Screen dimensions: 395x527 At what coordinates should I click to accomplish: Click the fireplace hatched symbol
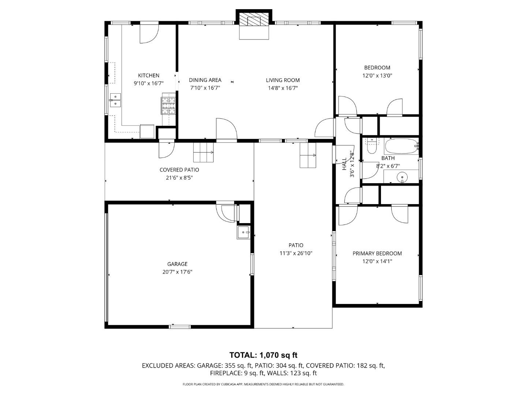(x=254, y=21)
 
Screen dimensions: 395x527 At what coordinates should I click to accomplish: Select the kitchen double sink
(x=115, y=100)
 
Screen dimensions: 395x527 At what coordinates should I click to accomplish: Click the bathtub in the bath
(x=401, y=147)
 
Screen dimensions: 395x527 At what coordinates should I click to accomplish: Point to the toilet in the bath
(x=371, y=147)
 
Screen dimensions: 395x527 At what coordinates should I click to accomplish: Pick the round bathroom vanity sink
(x=402, y=177)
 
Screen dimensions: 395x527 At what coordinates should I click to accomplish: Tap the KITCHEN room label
(x=149, y=75)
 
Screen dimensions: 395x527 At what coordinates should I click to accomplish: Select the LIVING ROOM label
(x=283, y=80)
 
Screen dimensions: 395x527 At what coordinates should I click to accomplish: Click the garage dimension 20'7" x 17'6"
(x=177, y=272)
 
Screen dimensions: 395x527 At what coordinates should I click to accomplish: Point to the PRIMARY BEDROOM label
(x=377, y=253)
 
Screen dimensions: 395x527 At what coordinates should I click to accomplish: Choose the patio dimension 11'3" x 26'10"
(x=296, y=253)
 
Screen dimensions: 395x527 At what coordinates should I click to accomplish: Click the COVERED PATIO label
(x=179, y=170)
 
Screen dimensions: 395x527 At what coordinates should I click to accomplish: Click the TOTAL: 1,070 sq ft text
(x=263, y=355)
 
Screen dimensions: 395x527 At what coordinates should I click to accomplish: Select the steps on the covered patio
(x=203, y=152)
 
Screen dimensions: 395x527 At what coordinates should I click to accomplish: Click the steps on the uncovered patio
(x=308, y=155)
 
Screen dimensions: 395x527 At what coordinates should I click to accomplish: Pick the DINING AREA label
(x=205, y=80)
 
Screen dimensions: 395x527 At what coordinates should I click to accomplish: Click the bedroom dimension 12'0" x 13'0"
(x=377, y=75)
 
